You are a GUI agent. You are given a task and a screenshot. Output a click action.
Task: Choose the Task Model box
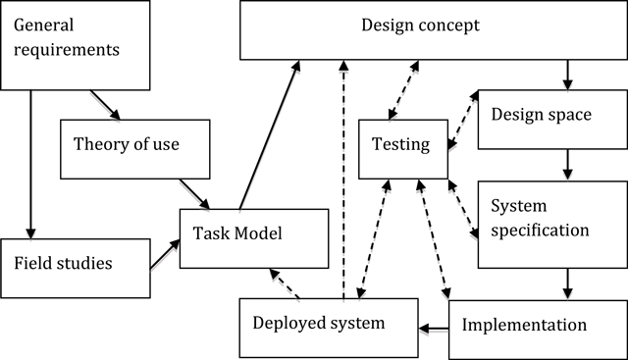(252, 236)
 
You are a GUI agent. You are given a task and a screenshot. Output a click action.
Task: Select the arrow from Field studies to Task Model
(164, 254)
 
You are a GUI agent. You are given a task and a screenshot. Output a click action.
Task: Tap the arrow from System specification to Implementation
(567, 283)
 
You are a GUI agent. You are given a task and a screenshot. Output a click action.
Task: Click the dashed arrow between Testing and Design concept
(401, 90)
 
